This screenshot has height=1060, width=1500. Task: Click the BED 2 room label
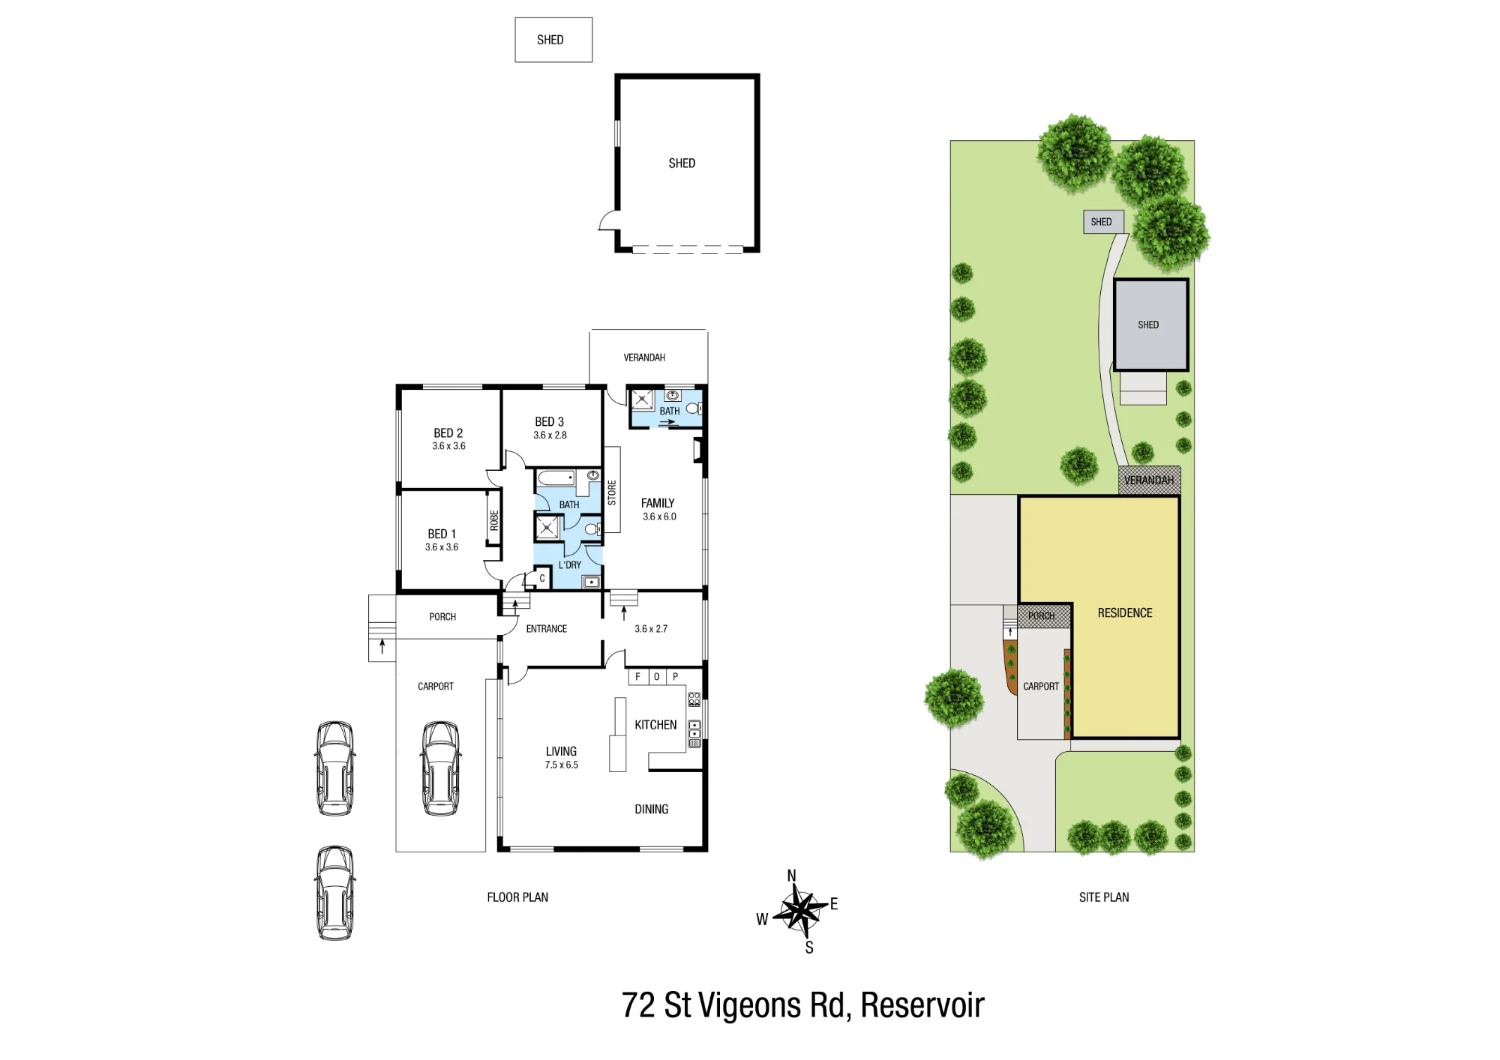[x=448, y=433]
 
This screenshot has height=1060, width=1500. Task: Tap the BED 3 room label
[x=550, y=422]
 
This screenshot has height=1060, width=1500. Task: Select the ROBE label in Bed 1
[x=494, y=520]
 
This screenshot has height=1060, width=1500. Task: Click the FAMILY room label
[x=658, y=503]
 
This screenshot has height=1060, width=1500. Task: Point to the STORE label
[x=612, y=493]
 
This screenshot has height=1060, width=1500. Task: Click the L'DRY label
[x=570, y=565]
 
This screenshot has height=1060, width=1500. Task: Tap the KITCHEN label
[x=655, y=725]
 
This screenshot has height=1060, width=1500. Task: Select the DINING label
[x=651, y=810]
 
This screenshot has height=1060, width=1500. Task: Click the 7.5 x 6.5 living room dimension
[x=562, y=765]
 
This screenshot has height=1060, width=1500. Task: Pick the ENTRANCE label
[x=547, y=629]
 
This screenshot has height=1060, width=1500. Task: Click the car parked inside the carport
[x=441, y=768]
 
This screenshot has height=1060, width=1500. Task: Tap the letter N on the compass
[x=791, y=876]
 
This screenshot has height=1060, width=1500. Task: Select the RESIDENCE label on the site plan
[x=1125, y=613]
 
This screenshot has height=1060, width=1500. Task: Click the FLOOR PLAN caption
[x=517, y=897]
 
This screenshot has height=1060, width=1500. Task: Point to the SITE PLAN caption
[x=1104, y=897]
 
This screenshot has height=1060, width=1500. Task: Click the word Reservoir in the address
[x=922, y=1005]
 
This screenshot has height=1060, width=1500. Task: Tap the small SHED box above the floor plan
[x=553, y=40]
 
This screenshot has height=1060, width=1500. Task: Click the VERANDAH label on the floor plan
[x=644, y=358]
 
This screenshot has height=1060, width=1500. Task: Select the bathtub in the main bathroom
[x=556, y=478]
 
